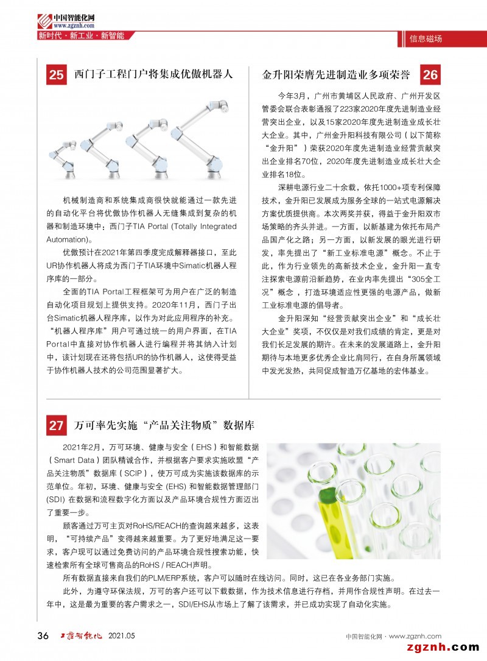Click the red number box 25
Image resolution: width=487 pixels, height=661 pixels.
[57, 76]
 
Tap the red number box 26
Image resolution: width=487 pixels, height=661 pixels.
[430, 76]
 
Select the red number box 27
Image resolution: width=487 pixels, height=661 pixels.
[57, 425]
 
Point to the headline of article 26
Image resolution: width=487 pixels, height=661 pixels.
[336, 76]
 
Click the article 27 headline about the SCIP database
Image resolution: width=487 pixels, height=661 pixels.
[164, 425]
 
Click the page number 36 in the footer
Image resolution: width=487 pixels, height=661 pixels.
[43, 636]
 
